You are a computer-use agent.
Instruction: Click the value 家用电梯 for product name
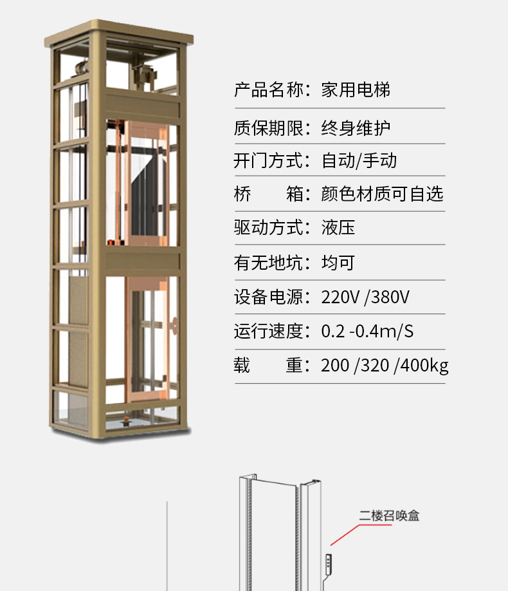pyautogui.click(x=356, y=89)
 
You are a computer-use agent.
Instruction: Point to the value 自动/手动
pyautogui.click(x=359, y=160)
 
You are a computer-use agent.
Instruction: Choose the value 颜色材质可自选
pyautogui.click(x=382, y=194)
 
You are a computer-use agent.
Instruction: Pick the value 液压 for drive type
pyautogui.click(x=338, y=227)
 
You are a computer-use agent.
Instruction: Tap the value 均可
pyautogui.click(x=338, y=262)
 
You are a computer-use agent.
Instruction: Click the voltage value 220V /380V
pyautogui.click(x=365, y=297)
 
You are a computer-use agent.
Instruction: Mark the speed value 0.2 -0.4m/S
pyautogui.click(x=367, y=332)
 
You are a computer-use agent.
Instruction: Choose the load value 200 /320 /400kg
pyautogui.click(x=385, y=366)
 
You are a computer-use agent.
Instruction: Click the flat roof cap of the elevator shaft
pyautogui.click(x=120, y=30)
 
